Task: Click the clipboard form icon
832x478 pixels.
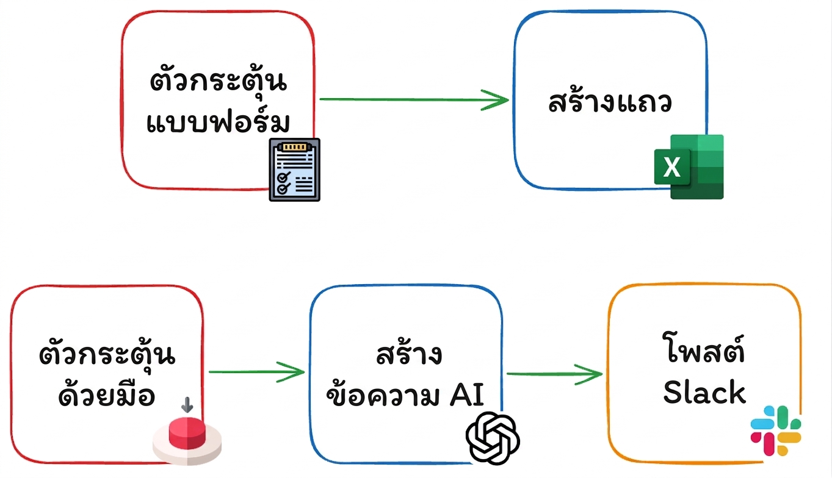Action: click(295, 169)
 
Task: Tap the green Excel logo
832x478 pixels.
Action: click(689, 166)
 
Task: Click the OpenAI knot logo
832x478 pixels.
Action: click(493, 438)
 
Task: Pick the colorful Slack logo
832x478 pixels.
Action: click(776, 430)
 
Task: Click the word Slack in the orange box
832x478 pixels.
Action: click(704, 392)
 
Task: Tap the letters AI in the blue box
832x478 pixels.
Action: click(467, 394)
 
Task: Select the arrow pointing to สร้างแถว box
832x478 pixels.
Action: click(414, 99)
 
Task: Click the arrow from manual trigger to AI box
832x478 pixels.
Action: click(256, 372)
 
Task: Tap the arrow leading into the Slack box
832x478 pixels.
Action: click(554, 374)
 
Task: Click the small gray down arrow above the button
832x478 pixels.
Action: click(187, 405)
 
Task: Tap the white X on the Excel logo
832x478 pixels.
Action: click(671, 167)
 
